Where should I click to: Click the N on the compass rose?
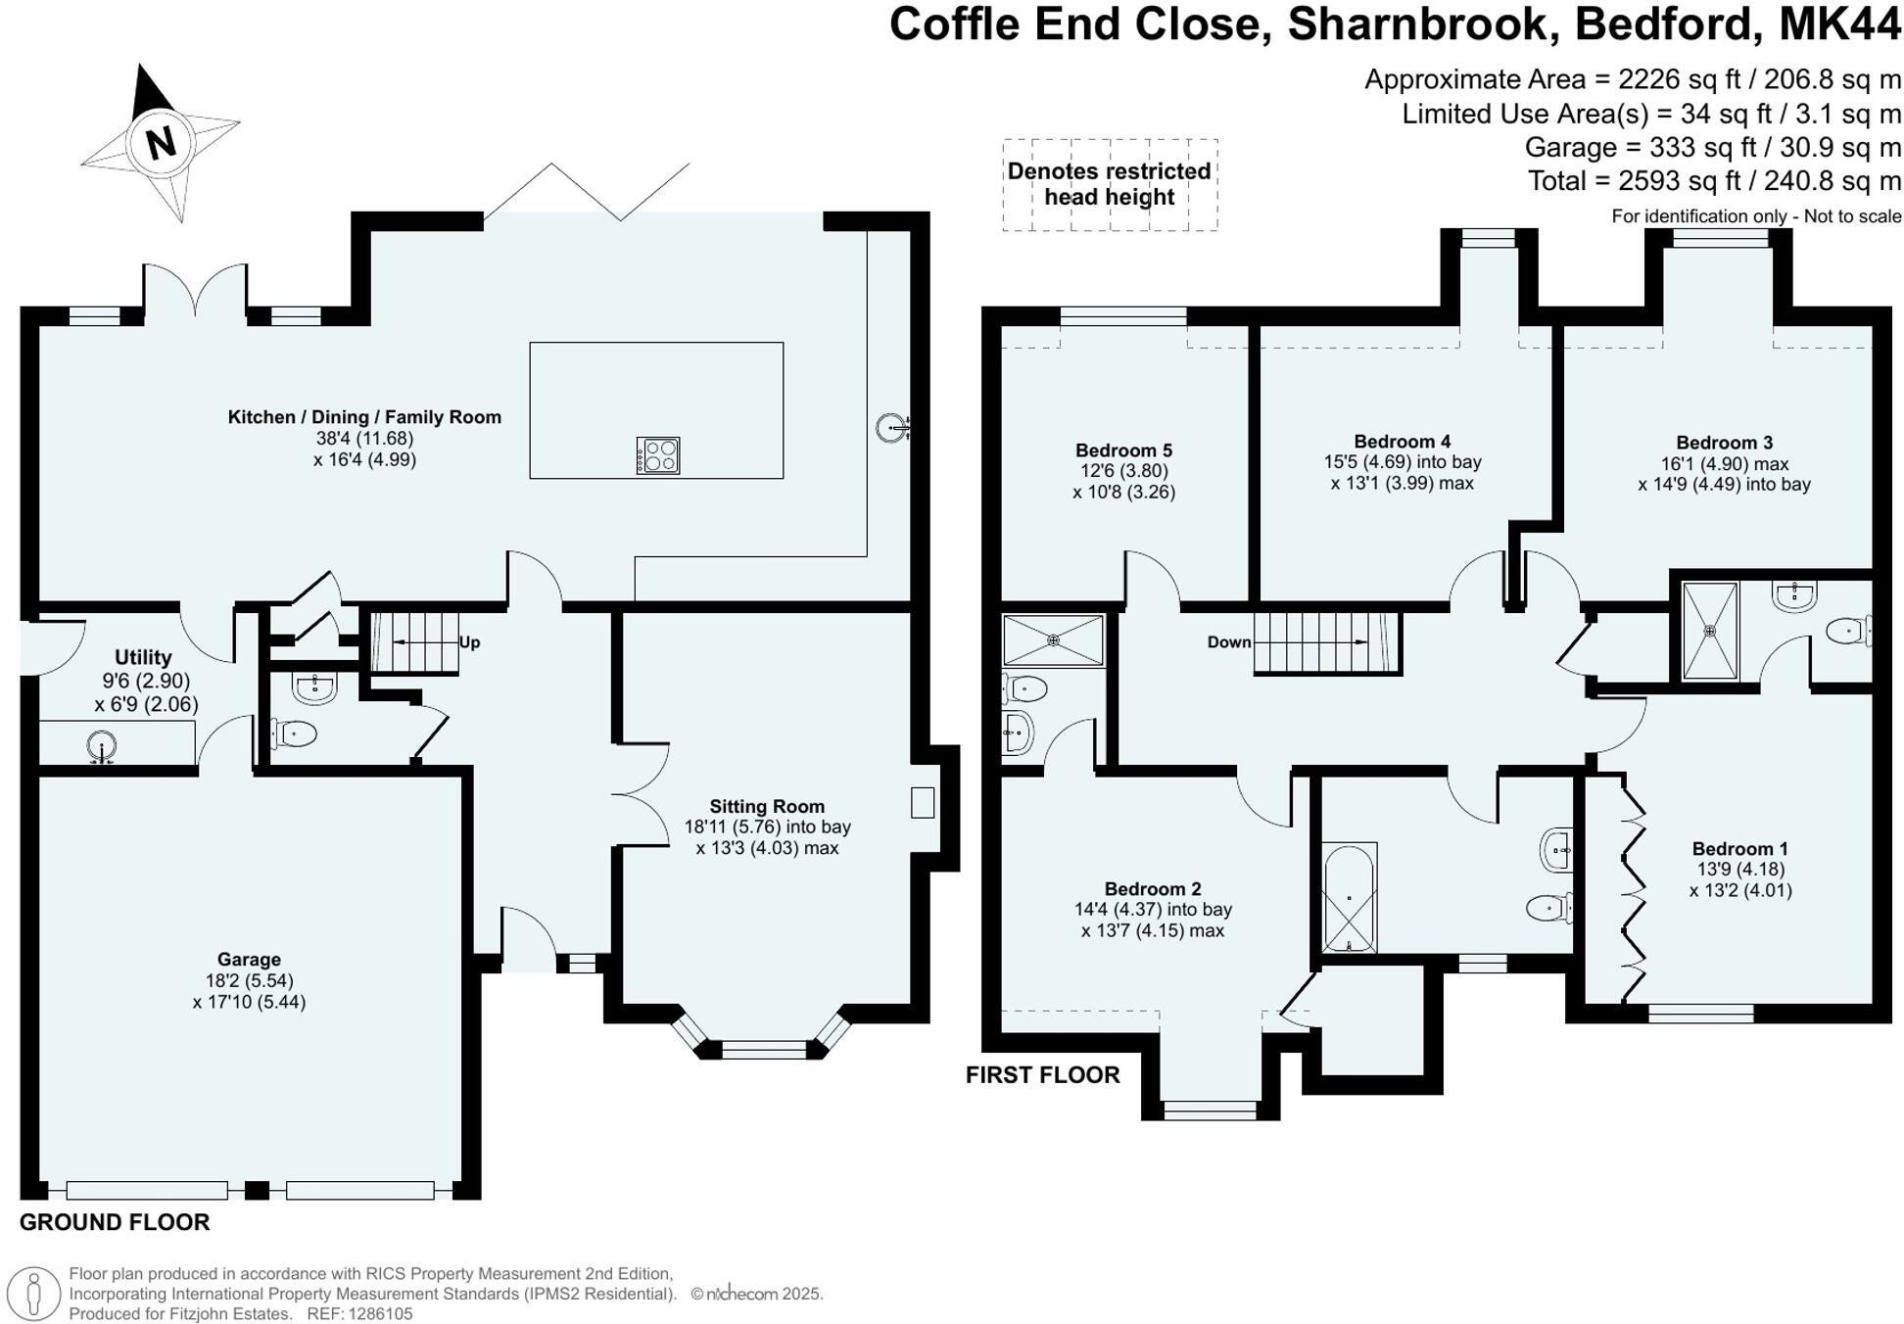(161, 143)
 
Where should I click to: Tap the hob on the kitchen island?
(658, 455)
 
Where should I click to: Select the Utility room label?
(143, 657)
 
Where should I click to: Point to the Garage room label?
(249, 960)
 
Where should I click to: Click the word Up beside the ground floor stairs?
(469, 642)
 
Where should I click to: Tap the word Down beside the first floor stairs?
(1229, 642)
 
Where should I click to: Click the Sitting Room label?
(767, 806)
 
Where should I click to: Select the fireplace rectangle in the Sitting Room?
(922, 803)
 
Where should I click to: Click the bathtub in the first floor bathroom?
(1350, 898)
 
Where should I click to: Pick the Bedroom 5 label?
(1123, 450)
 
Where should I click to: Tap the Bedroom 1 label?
(1739, 849)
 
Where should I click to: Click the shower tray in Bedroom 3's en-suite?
(1710, 631)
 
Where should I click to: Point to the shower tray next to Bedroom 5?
(1053, 640)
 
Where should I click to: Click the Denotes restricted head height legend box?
(1110, 184)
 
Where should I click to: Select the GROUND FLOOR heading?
(115, 1222)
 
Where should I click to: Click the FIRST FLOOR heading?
(1042, 1075)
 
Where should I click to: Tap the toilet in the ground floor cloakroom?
(296, 733)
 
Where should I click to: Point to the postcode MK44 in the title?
(1838, 24)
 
